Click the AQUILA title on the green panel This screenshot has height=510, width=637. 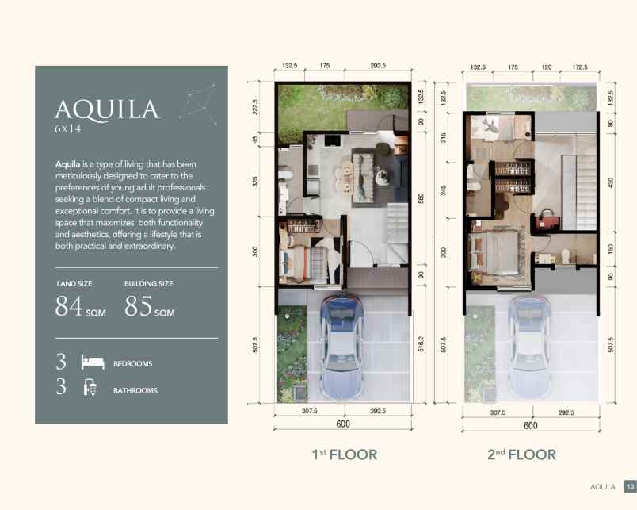click(107, 109)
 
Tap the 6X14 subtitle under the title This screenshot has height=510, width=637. click(68, 129)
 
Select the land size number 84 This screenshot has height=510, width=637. click(69, 306)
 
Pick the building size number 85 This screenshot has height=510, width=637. click(138, 306)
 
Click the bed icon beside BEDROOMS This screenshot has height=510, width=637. click(93, 362)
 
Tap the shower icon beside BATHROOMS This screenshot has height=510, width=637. click(90, 387)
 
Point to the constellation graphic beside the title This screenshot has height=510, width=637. click(198, 104)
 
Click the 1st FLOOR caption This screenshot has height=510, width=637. click(345, 454)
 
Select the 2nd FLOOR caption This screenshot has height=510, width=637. click(521, 454)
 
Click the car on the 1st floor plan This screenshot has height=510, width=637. click(341, 347)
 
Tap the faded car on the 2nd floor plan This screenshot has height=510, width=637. click(529, 347)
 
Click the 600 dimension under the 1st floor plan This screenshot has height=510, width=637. click(343, 424)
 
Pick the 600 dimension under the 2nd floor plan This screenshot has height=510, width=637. click(531, 425)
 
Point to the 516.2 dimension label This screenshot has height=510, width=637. click(421, 344)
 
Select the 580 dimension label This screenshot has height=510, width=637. click(421, 198)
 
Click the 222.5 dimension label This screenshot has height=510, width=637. click(255, 107)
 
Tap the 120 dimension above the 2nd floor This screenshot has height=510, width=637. click(547, 67)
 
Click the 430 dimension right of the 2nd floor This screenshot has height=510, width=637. click(610, 183)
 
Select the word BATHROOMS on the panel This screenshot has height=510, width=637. click(135, 390)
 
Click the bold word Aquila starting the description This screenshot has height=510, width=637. click(67, 164)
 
